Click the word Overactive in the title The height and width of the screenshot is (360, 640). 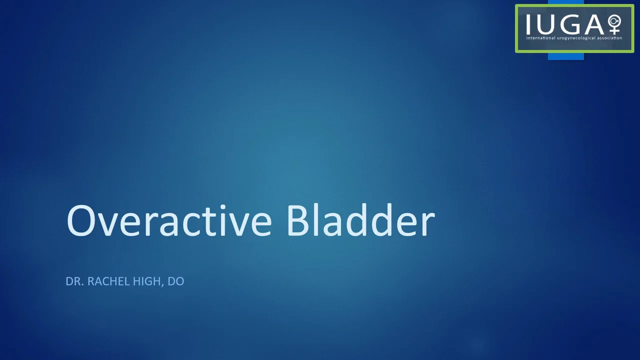[x=169, y=221]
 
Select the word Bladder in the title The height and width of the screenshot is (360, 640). [x=360, y=221]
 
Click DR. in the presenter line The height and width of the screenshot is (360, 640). [x=74, y=281]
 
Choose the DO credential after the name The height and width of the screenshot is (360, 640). [x=175, y=281]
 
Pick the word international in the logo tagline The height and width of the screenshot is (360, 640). [x=541, y=38]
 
